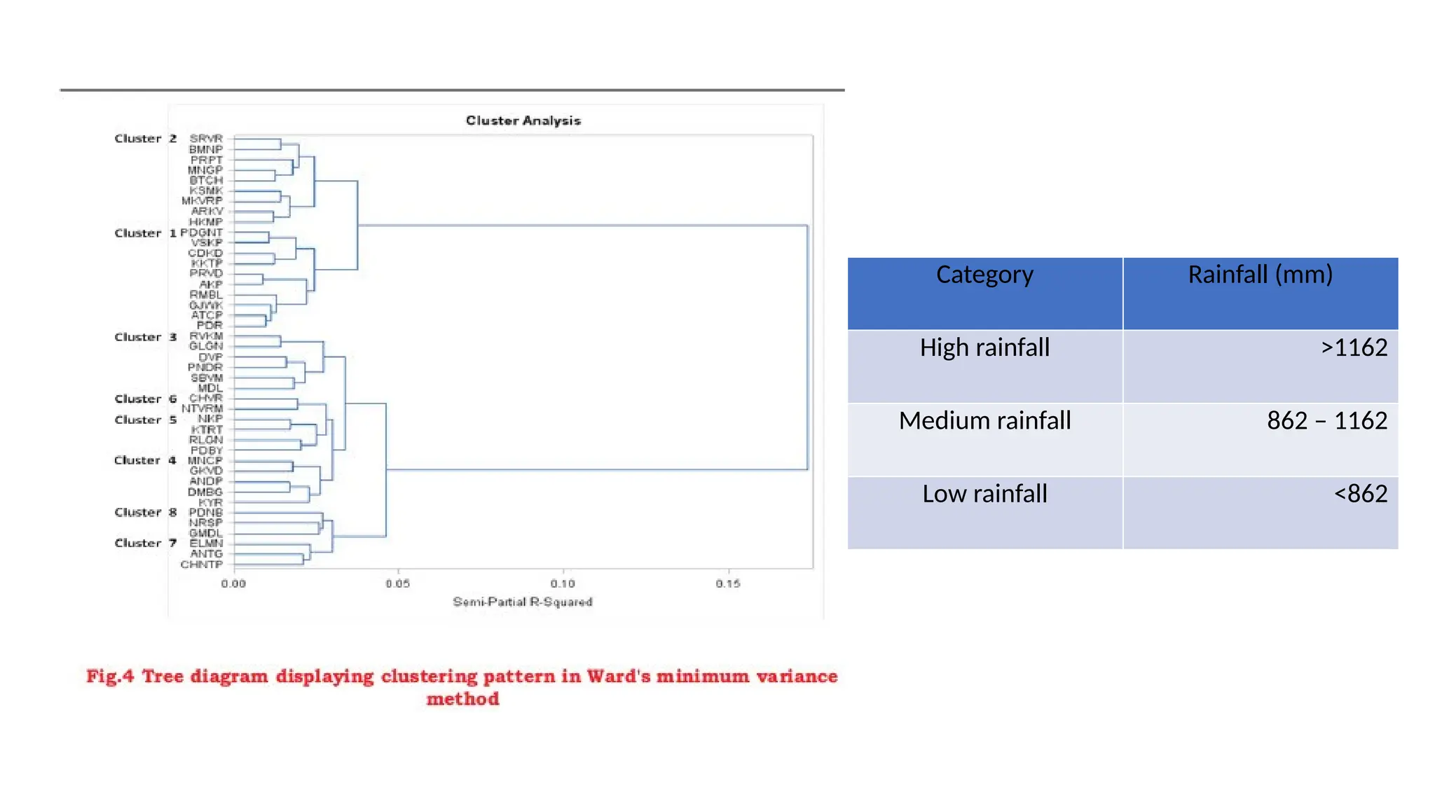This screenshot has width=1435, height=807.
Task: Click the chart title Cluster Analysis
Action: coord(523,120)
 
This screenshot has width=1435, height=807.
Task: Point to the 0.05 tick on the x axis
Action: coord(398,584)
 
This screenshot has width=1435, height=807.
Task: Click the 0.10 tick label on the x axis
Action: coord(563,584)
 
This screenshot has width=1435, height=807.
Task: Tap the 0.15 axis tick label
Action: coord(728,584)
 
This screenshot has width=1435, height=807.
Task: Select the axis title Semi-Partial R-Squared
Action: coord(522,602)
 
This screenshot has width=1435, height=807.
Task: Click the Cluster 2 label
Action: coord(146,139)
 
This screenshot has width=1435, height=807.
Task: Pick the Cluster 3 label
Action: coord(146,337)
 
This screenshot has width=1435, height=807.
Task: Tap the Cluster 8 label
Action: coord(146,512)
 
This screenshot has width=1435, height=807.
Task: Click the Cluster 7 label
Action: coord(146,543)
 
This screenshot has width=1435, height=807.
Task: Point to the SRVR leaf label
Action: coord(206,139)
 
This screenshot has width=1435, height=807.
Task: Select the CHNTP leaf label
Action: coord(202,564)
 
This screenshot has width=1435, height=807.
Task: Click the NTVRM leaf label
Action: coord(202,408)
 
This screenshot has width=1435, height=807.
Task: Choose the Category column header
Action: coord(984,275)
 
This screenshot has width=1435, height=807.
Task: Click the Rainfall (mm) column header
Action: coord(1260,275)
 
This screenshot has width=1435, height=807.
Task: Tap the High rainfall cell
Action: coord(984,347)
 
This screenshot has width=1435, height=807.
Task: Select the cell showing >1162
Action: coord(1354,347)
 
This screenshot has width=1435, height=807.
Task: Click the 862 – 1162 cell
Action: coord(1326,420)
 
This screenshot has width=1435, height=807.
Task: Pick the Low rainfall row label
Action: coord(984,494)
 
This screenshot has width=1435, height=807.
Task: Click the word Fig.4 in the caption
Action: coord(110,676)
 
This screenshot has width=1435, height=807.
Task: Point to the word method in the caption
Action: coord(462,698)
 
